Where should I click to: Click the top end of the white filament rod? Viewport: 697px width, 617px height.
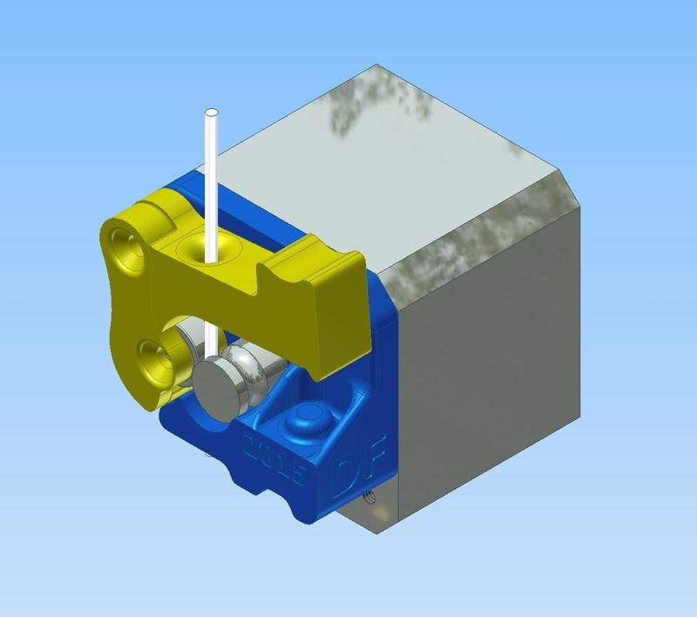[x=211, y=113]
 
